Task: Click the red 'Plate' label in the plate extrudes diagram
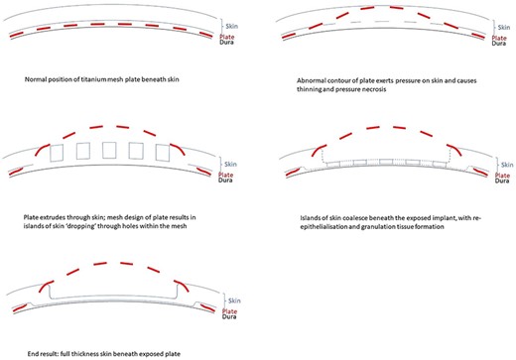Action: (x=227, y=174)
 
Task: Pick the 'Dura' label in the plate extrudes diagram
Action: (x=227, y=180)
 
